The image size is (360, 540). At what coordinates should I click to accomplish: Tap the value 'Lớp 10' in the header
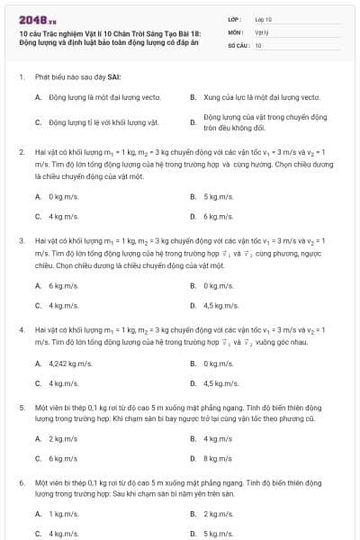[264, 19]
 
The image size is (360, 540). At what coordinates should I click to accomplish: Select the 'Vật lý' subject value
[262, 31]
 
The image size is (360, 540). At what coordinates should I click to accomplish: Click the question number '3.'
[21, 241]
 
